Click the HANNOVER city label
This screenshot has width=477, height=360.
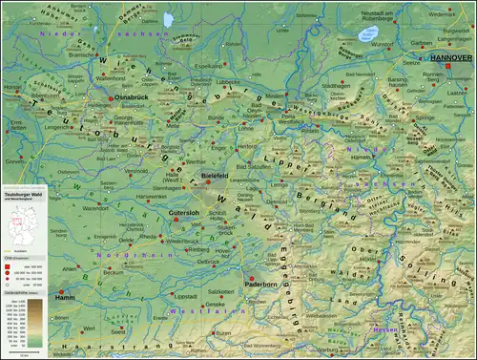click(x=450, y=58)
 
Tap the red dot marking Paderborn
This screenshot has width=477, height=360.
click(x=252, y=277)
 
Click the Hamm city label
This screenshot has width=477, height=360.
click(x=66, y=298)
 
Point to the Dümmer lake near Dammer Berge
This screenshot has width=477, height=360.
click(x=169, y=18)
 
